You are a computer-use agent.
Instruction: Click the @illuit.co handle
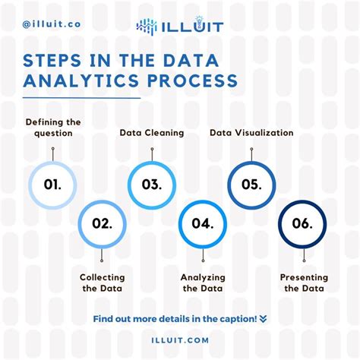(52, 24)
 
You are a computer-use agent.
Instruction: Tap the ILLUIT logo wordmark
(193, 27)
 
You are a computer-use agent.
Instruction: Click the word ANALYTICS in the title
(81, 81)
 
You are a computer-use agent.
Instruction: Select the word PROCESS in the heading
(192, 81)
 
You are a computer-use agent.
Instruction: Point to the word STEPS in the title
(52, 60)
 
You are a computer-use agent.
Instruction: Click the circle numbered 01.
(52, 162)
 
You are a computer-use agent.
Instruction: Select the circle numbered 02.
(102, 201)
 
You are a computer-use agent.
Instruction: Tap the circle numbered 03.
(152, 162)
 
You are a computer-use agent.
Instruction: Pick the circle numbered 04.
(203, 201)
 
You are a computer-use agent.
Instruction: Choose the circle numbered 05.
(251, 162)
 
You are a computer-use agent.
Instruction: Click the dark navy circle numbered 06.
(302, 201)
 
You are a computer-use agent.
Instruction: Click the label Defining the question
(53, 128)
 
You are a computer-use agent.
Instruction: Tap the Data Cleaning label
(152, 133)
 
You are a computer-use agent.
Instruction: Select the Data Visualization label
(251, 133)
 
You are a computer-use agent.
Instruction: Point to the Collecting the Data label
(103, 283)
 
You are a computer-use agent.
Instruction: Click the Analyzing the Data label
(203, 283)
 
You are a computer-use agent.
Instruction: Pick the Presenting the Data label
(304, 283)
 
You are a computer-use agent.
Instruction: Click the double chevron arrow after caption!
(264, 319)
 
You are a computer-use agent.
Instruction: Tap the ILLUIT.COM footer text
(180, 340)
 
